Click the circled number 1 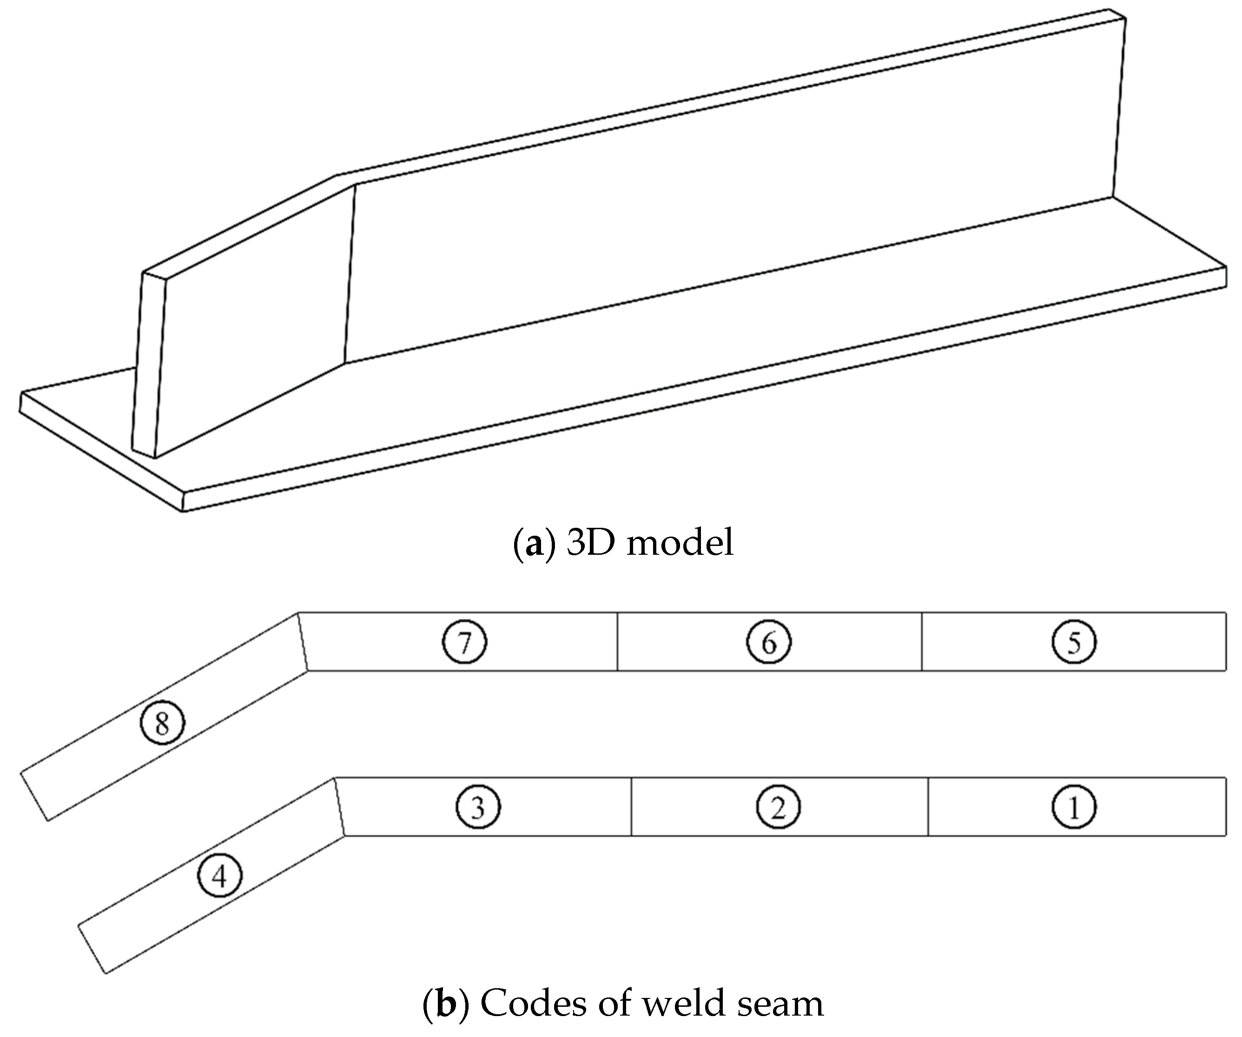pyautogui.click(x=1073, y=807)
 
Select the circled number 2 pyautogui.click(x=778, y=807)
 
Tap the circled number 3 pyautogui.click(x=478, y=807)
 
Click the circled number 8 pyautogui.click(x=162, y=722)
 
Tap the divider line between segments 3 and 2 pyautogui.click(x=631, y=807)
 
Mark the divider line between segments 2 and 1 pyautogui.click(x=928, y=807)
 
